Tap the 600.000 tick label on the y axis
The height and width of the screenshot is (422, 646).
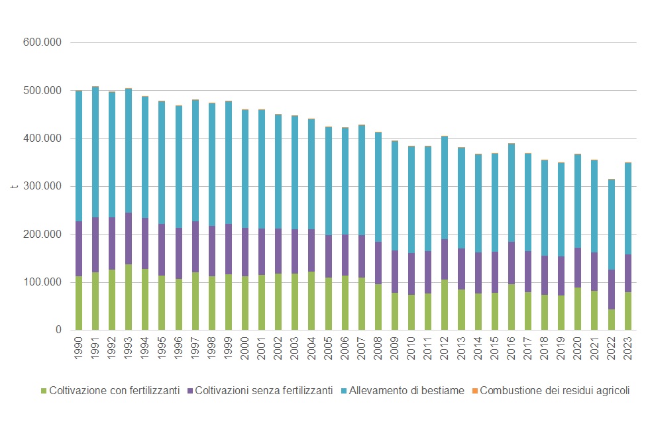click(x=42, y=42)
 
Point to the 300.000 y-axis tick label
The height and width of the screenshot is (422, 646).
click(x=42, y=186)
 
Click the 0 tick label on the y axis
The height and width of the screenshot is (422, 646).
click(x=58, y=330)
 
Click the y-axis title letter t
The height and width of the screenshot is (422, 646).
click(x=14, y=186)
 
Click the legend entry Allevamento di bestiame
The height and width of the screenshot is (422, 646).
click(x=406, y=391)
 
